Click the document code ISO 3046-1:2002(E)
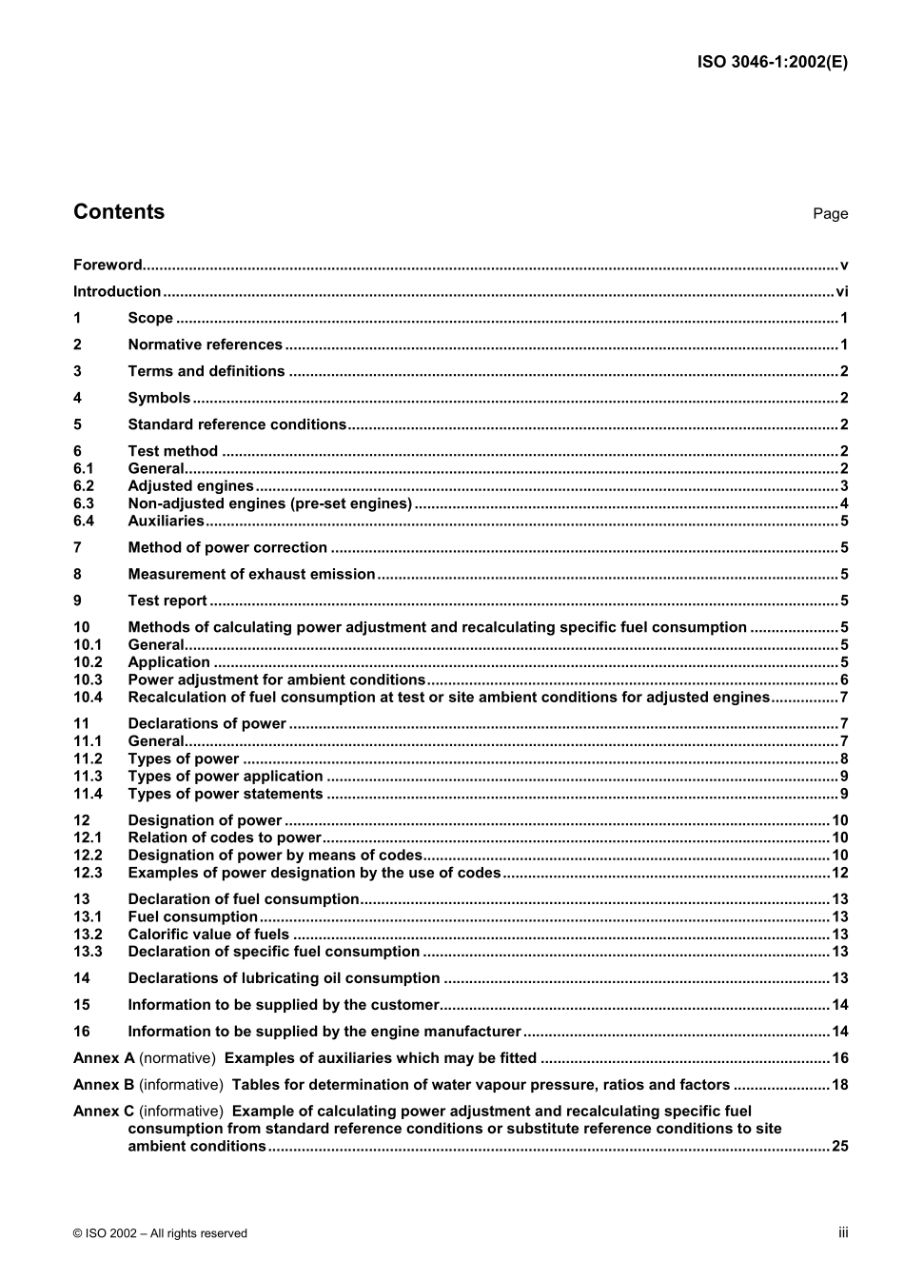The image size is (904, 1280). (x=772, y=62)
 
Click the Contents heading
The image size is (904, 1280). (x=119, y=212)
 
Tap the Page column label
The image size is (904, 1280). (x=830, y=214)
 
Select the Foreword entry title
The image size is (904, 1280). (x=108, y=266)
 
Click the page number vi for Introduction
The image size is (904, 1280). (x=841, y=292)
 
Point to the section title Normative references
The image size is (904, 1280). (x=205, y=345)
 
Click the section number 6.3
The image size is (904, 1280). (x=84, y=503)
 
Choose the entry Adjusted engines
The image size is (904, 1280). (x=190, y=486)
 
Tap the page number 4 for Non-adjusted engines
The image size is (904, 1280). (x=843, y=503)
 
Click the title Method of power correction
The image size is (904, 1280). (x=227, y=547)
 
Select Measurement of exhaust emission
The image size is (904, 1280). (x=251, y=574)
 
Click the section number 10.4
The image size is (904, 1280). (x=88, y=697)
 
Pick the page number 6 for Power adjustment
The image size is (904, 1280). (x=843, y=679)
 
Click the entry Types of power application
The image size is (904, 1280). (x=225, y=776)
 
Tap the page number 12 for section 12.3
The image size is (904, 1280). (x=839, y=873)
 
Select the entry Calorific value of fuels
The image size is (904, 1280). (x=208, y=935)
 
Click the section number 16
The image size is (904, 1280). (x=82, y=1031)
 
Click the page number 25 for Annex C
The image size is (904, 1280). (x=839, y=1146)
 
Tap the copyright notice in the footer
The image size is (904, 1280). (x=160, y=1233)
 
